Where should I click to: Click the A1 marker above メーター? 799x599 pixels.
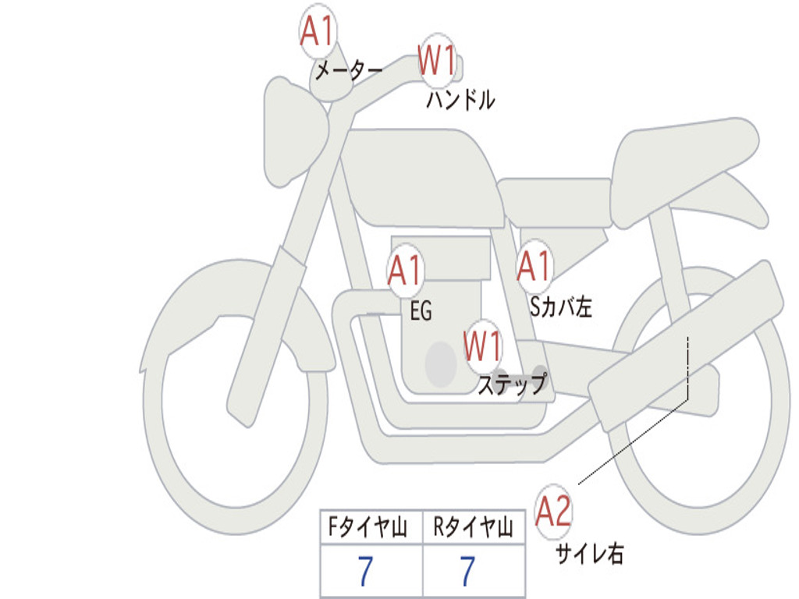pos(317,33)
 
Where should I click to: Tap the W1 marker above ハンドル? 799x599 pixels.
pos(437,60)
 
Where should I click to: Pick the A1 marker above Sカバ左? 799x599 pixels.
pos(534,267)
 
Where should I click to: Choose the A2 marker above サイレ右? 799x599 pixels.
pos(554,511)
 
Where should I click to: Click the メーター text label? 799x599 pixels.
pos(348,72)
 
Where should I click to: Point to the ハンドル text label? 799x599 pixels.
pos(460,100)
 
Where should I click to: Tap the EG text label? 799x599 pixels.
pos(421,311)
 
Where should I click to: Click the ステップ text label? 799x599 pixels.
pos(512,385)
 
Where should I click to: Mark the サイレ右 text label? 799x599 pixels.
pos(589,554)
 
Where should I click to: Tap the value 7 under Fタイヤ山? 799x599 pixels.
pos(366,572)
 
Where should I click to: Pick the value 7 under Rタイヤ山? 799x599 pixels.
pos(467,572)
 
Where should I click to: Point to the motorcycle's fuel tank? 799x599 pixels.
pos(421,175)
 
